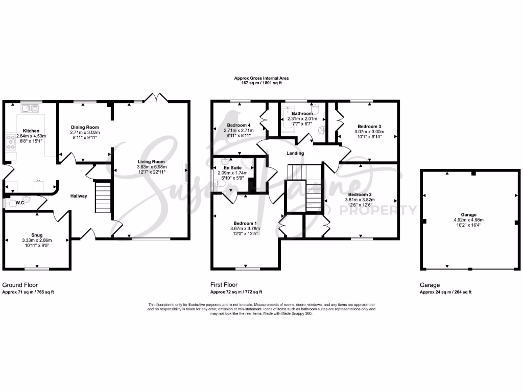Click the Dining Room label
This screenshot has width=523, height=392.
(x=85, y=127)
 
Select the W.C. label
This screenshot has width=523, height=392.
(x=20, y=202)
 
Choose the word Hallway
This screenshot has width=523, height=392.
(x=79, y=196)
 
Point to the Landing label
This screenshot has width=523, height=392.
(x=295, y=153)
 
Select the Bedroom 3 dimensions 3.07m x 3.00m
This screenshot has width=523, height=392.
(x=369, y=132)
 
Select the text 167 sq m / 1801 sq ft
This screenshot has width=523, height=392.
(x=261, y=83)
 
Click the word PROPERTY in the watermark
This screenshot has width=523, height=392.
(x=389, y=210)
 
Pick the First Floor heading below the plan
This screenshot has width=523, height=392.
(x=224, y=285)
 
